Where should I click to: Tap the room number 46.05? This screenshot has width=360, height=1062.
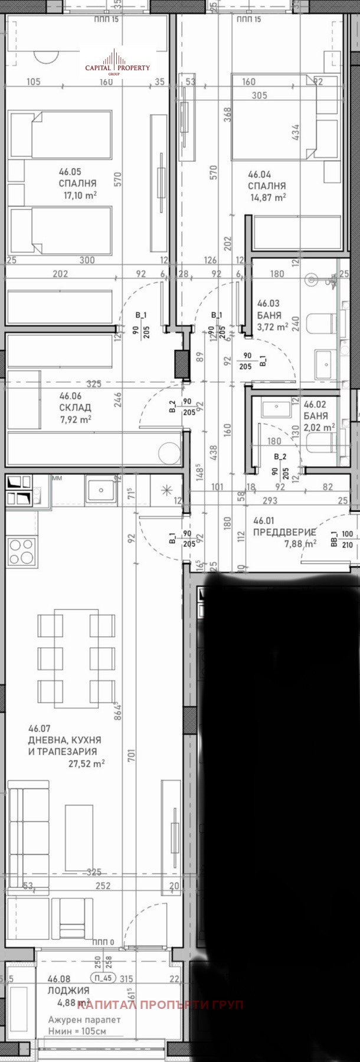point(70,172)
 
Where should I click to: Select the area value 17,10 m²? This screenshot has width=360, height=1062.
point(80,195)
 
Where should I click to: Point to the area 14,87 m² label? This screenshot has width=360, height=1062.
point(268,198)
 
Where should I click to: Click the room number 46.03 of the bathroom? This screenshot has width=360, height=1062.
point(269,304)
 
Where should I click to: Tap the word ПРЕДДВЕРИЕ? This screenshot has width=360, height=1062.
point(284,532)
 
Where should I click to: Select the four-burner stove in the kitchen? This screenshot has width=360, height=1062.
point(21,551)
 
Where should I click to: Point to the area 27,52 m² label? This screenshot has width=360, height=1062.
point(87,763)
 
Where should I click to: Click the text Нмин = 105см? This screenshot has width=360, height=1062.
point(77,1032)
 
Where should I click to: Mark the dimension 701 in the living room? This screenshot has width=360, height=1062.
point(131,755)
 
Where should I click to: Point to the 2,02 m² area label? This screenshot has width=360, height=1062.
point(319,427)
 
